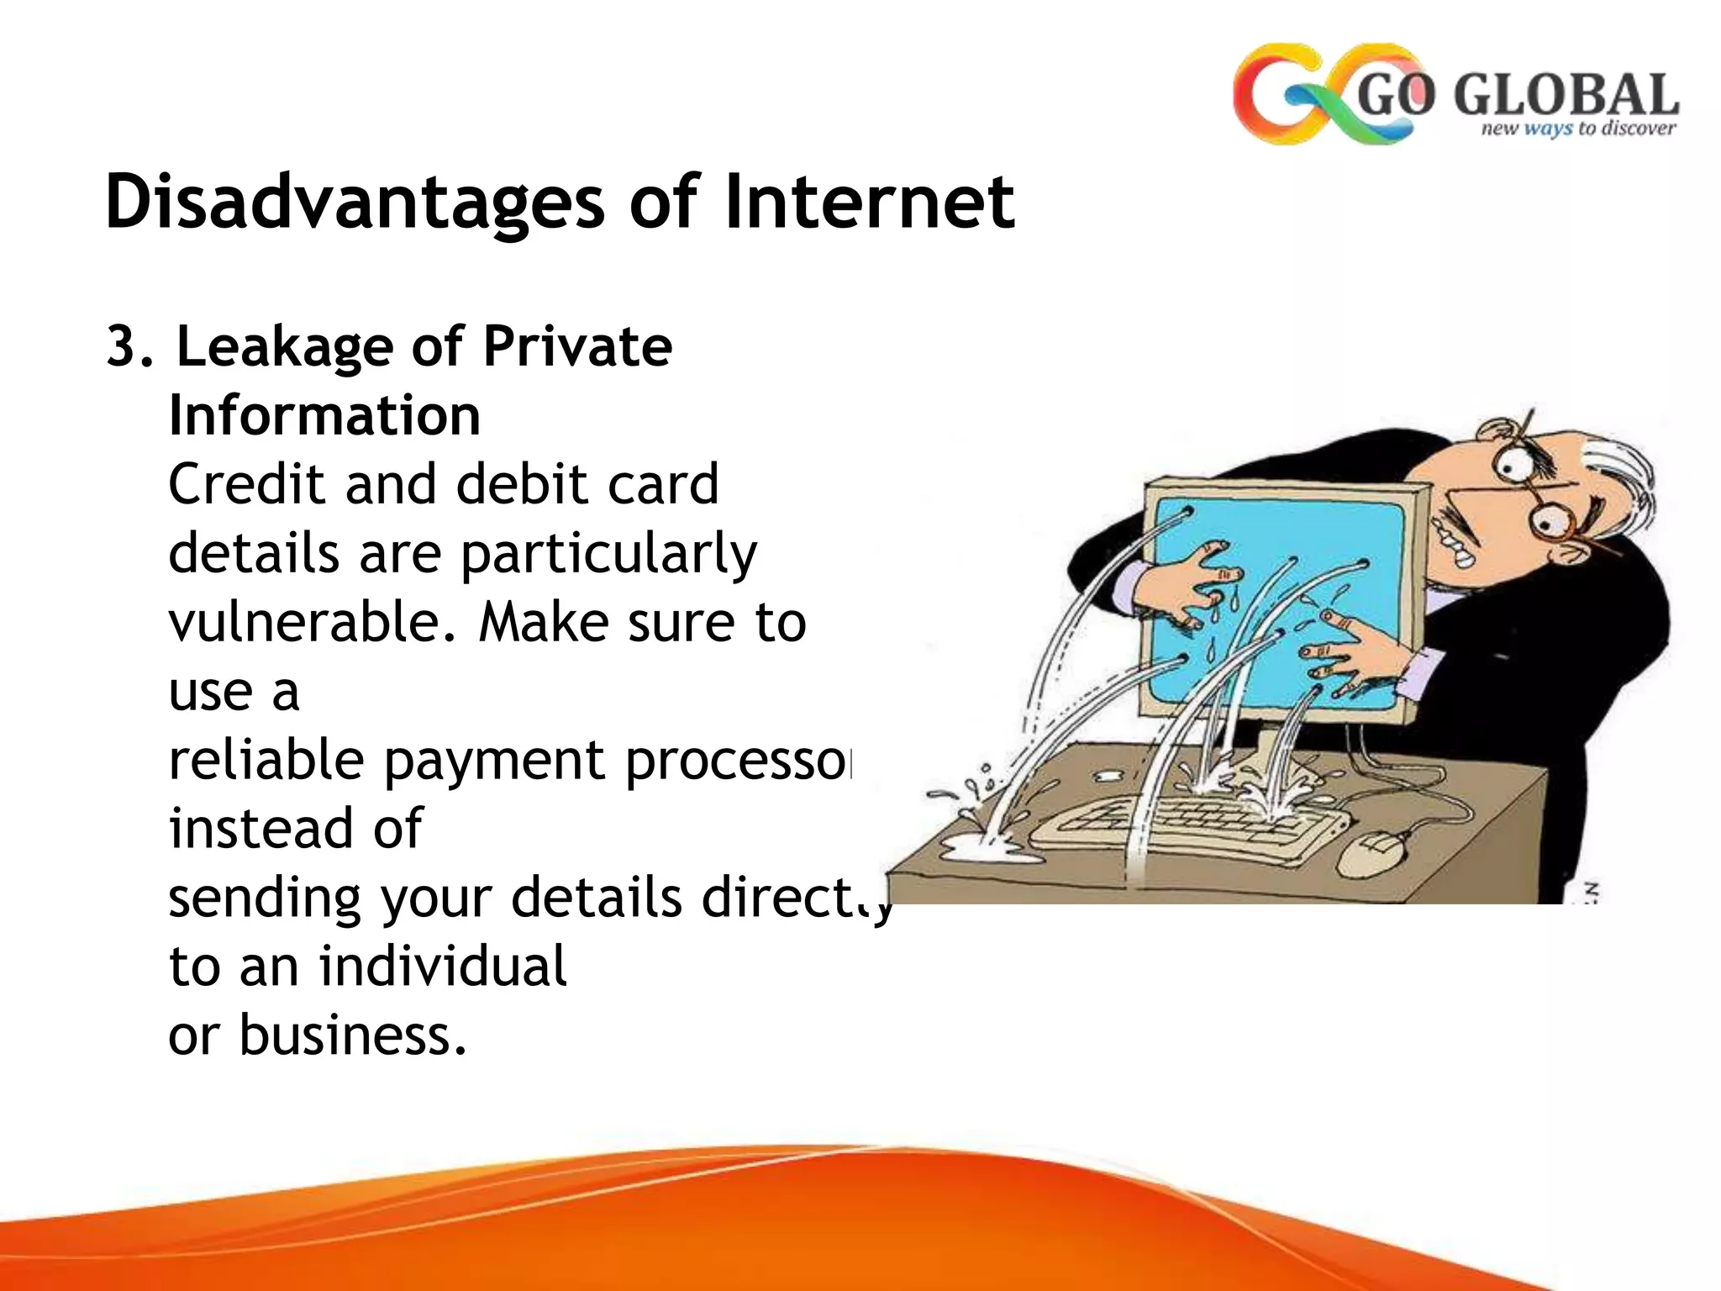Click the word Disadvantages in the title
click(x=354, y=202)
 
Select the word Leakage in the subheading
click(x=284, y=347)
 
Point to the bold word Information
click(x=324, y=416)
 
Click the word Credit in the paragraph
click(x=246, y=485)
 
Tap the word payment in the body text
click(x=497, y=761)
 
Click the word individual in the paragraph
click(x=443, y=967)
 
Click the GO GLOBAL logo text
click(x=1517, y=94)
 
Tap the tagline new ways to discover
click(x=1577, y=129)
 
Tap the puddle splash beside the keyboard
click(x=992, y=849)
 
